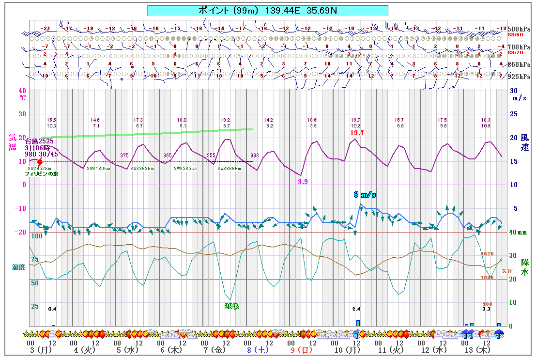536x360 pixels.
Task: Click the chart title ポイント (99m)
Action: coord(268,10)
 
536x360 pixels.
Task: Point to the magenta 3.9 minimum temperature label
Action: coord(303,182)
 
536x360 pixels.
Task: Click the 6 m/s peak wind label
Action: coord(365,195)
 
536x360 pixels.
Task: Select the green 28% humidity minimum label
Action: coord(232,306)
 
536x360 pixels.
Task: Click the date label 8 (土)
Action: coord(257,349)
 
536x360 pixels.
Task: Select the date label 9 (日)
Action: coord(301,349)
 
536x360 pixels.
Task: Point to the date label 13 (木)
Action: coord(474,349)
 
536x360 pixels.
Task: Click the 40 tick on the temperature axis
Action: coord(22,90)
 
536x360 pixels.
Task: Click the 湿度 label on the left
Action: coord(19,267)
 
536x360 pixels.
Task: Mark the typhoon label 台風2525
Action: coord(39,141)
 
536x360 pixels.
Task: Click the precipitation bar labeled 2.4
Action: coord(358,323)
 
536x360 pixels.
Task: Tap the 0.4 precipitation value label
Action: coord(52,309)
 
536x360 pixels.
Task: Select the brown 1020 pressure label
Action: coord(487,254)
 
